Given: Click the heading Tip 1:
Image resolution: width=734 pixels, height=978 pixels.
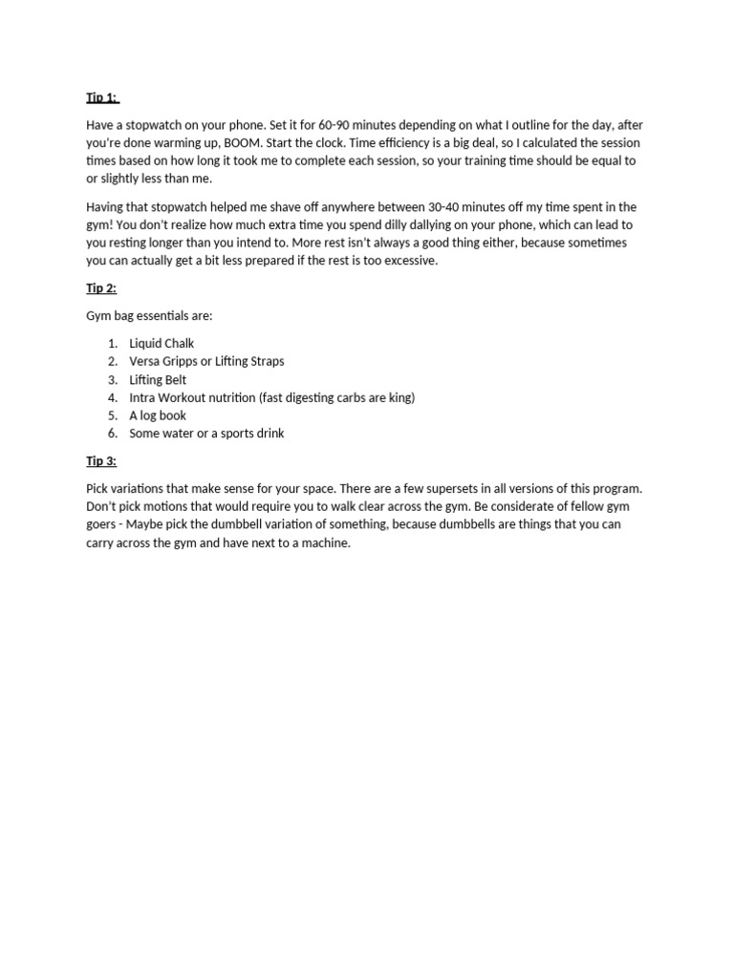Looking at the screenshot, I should (102, 97).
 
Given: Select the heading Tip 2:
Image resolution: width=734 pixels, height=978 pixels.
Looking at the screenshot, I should (101, 288).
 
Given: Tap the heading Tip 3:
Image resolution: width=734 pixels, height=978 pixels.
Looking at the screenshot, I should (101, 461).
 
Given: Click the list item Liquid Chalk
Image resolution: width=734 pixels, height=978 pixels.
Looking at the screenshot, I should (162, 343).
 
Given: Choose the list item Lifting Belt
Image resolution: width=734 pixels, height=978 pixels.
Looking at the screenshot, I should (158, 379).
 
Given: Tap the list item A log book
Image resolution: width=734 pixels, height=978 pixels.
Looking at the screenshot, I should (158, 415).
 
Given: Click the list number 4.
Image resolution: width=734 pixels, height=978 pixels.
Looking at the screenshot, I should (112, 397).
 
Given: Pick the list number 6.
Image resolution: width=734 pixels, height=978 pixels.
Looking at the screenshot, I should (112, 434).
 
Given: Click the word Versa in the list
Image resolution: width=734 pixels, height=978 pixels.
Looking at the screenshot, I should (145, 361).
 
